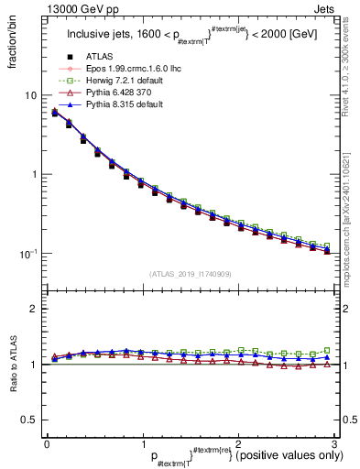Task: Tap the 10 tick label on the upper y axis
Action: [30, 95]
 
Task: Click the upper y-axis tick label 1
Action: [33, 174]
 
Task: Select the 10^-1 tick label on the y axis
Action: [27, 253]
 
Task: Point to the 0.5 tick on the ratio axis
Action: [28, 420]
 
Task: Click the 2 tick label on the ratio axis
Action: [33, 309]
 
